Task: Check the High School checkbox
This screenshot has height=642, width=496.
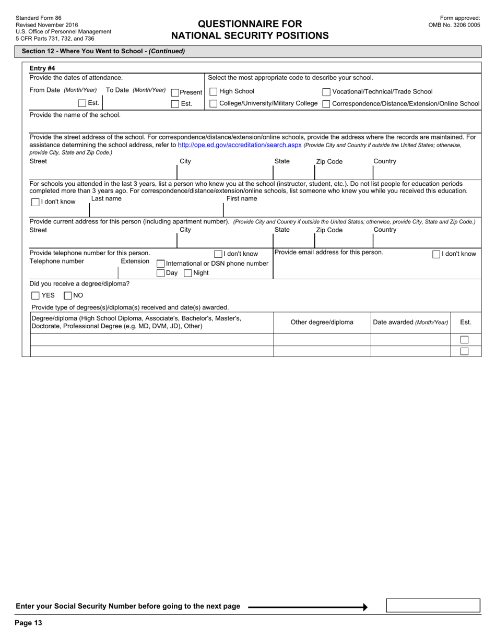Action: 213,92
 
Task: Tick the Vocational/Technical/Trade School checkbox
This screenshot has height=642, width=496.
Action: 326,92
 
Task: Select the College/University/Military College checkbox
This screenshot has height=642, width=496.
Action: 213,104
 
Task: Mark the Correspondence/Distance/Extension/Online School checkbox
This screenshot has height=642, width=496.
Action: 326,104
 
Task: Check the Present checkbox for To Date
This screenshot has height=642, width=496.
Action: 175,92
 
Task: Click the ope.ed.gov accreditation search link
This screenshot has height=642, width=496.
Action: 240,145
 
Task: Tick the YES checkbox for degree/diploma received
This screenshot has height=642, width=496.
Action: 36,295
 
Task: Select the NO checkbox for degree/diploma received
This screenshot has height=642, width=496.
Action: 67,295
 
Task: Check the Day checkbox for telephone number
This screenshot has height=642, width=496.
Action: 161,273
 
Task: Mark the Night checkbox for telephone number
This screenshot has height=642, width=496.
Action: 188,273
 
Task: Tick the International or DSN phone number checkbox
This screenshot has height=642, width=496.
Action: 161,264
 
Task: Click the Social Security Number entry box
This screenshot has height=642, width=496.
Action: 432,605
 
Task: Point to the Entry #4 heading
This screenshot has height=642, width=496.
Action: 42,68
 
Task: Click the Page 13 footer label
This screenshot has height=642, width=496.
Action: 28,623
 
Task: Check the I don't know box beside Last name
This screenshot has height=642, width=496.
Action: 36,202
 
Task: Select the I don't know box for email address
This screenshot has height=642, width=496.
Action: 436,254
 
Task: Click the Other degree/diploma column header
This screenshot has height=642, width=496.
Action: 322,322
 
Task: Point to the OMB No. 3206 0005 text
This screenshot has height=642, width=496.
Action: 454,25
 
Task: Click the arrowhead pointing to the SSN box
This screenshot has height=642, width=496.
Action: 365,607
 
